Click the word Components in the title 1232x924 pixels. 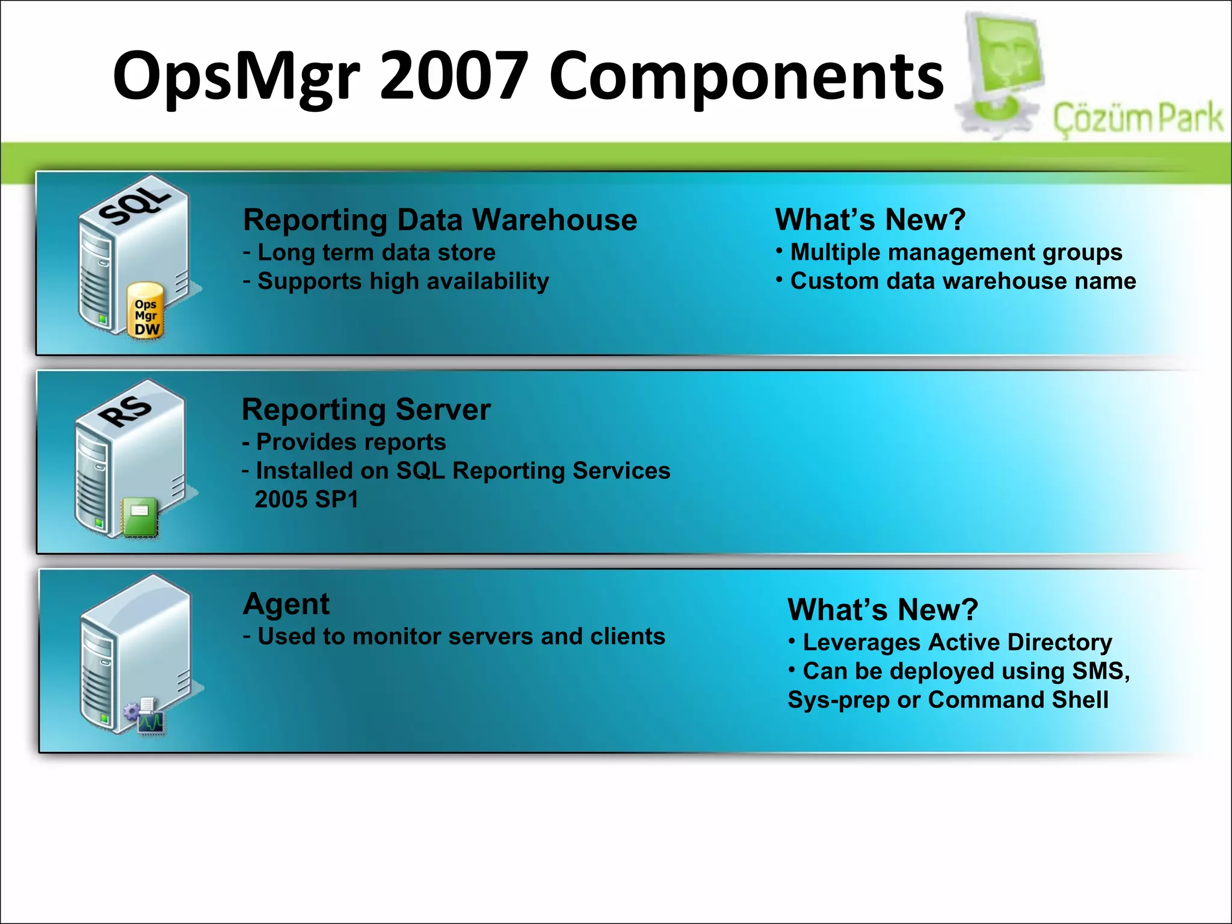coord(746,76)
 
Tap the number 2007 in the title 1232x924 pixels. coord(454,76)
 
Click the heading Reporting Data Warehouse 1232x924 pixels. coord(440,220)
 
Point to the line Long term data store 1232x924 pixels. coord(376,253)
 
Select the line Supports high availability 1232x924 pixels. coord(402,282)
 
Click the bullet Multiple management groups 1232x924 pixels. coord(955,252)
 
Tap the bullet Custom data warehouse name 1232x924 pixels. coord(962,281)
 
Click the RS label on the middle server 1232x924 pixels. coord(125,410)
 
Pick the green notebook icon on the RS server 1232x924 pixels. coord(140,516)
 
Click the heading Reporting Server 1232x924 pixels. coord(366,410)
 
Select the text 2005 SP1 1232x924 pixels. coord(306,499)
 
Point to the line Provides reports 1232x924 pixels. coord(351,442)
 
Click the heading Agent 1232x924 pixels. coord(286,603)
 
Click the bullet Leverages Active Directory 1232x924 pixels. coord(956,642)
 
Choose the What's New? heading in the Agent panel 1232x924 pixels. coord(882,609)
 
